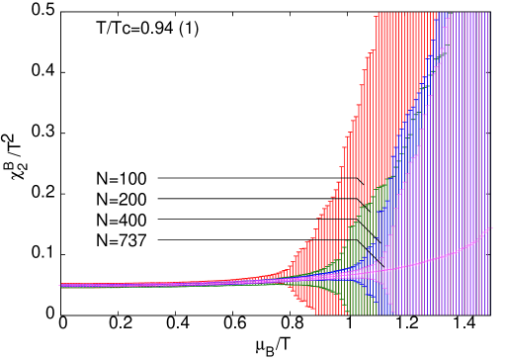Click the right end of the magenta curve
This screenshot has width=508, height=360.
(491, 228)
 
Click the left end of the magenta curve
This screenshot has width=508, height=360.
(61, 285)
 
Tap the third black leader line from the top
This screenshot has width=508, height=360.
(341, 220)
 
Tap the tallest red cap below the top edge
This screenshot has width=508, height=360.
(373, 50)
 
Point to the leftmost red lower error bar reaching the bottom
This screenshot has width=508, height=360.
(315, 309)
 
